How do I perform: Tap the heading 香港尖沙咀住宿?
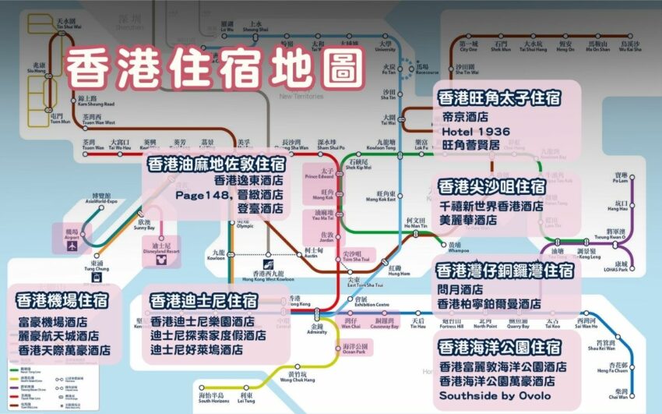tap(491, 187)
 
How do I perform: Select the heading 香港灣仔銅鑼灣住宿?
tap(505, 271)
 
